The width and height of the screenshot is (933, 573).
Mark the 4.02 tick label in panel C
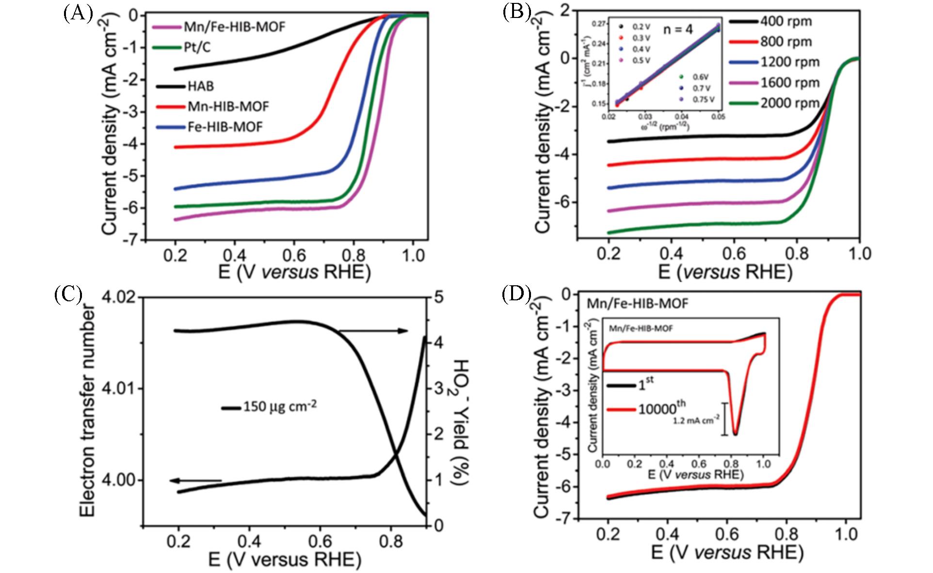tap(119, 297)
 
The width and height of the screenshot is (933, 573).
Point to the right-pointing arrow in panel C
tap(373, 331)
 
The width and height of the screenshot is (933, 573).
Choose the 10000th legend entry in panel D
tap(661, 409)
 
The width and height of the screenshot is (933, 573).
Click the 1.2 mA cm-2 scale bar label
tap(696, 421)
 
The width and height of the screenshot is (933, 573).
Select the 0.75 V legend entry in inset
tap(702, 98)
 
